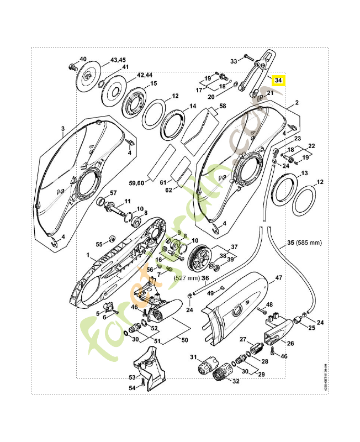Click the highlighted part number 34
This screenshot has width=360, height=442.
[279, 80]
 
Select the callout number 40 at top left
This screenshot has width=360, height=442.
[83, 59]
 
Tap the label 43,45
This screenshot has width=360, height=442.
[118, 60]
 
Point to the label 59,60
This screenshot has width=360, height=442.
[136, 182]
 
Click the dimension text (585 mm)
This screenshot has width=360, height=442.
[308, 243]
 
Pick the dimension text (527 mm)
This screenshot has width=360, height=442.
[186, 278]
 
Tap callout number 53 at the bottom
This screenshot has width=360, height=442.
[132, 377]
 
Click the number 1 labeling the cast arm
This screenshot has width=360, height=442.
[87, 256]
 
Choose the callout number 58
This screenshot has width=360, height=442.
[223, 106]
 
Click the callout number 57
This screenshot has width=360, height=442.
[113, 192]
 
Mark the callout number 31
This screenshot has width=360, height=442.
[193, 358]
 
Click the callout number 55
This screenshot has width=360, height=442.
[99, 244]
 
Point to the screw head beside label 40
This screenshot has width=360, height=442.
[72, 67]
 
